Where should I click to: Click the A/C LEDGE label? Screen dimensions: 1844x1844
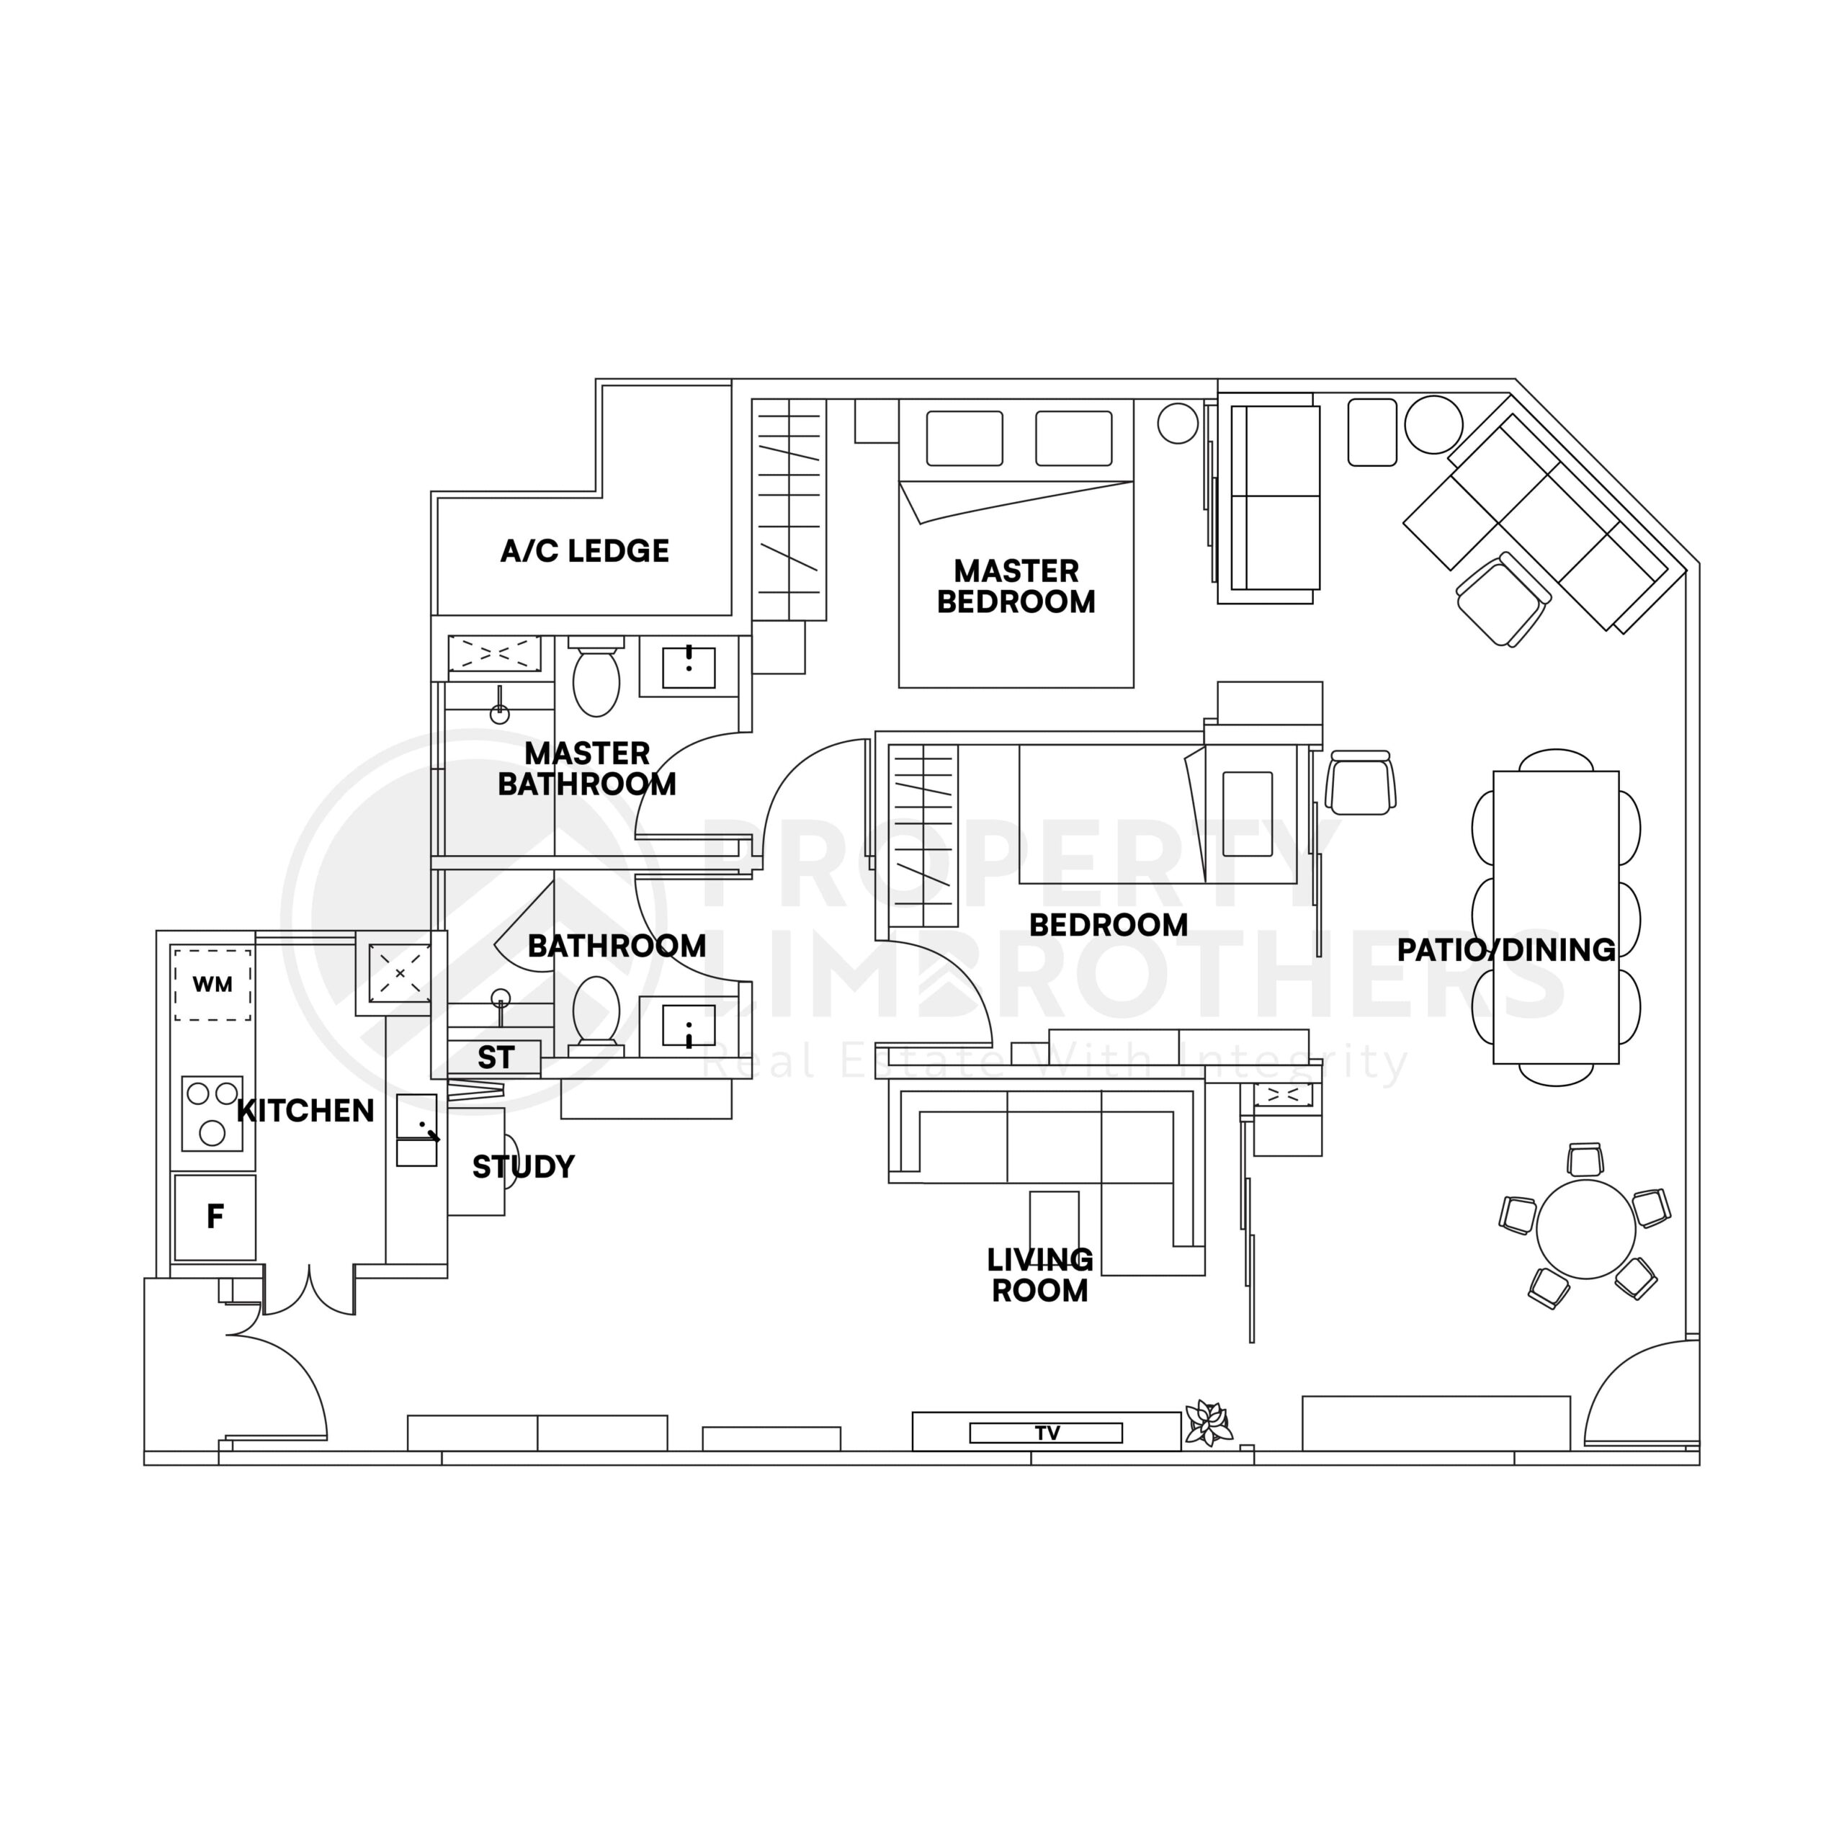pos(584,551)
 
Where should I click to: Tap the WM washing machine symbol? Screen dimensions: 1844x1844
pos(212,984)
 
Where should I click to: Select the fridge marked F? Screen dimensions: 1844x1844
pos(215,1216)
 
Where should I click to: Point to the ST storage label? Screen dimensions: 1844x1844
pos(496,1057)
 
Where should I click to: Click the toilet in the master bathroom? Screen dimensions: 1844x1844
pos(596,681)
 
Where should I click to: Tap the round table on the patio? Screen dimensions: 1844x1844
pos(1585,1230)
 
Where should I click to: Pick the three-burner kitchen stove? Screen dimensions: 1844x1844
pos(212,1113)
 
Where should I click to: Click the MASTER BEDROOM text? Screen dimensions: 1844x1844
pos(1016,586)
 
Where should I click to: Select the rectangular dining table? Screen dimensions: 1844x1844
pos(1556,916)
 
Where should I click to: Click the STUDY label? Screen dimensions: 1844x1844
pos(523,1166)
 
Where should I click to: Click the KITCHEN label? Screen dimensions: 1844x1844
pos(305,1110)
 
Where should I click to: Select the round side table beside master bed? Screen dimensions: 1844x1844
pos(1177,423)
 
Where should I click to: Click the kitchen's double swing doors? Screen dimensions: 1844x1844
pos(309,1292)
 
